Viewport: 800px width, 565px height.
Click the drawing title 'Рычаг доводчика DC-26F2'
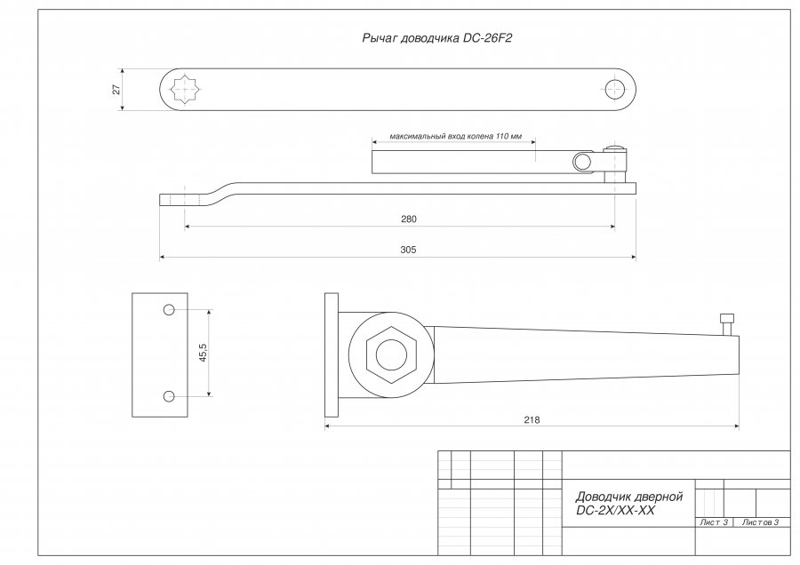[x=436, y=38]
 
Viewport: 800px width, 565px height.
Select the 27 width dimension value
[x=116, y=89]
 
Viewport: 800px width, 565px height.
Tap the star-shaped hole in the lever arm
[x=184, y=90]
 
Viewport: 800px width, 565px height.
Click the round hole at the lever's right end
[x=615, y=89]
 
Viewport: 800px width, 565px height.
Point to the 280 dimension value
[x=409, y=219]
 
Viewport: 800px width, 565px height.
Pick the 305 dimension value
[x=408, y=250]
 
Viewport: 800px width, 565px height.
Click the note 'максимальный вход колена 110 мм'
[x=456, y=136]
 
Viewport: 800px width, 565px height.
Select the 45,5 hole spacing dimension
[x=203, y=353]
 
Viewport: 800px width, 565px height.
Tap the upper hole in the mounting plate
[x=170, y=309]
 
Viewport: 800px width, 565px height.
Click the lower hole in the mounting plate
[x=170, y=396]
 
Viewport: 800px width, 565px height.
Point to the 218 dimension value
[x=532, y=420]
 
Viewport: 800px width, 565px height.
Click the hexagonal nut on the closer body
[x=391, y=355]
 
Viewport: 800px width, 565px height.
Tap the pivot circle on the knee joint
[x=581, y=163]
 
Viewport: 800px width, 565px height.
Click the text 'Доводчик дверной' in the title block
[x=629, y=497]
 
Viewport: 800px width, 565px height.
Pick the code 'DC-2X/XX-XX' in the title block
[x=615, y=511]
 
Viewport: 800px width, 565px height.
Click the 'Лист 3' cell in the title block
[x=714, y=522]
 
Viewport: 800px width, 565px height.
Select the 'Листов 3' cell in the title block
[x=760, y=522]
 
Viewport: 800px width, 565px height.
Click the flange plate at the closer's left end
[x=332, y=355]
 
